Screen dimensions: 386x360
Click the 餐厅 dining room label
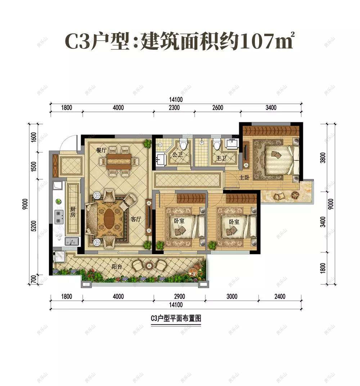(101, 150)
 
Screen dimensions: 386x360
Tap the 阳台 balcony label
(116, 267)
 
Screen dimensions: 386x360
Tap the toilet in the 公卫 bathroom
(184, 145)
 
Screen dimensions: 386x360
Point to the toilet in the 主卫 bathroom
(216, 145)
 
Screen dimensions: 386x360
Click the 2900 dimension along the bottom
(179, 297)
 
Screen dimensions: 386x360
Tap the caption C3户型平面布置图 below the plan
(176, 319)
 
